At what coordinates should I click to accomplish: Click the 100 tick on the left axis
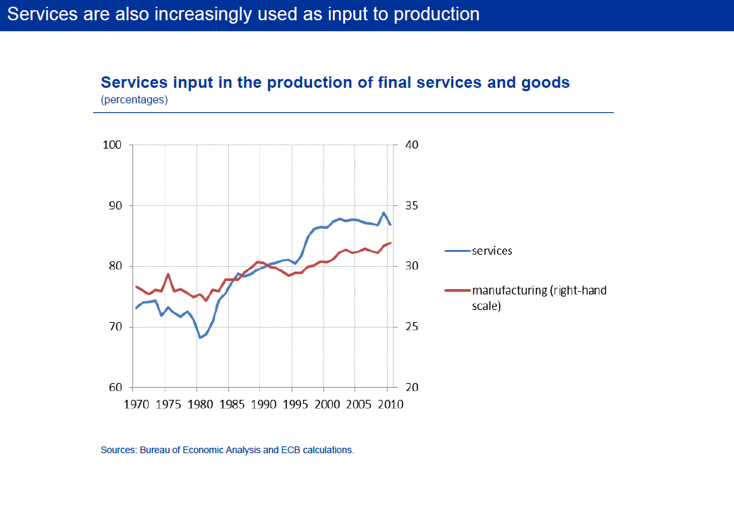(112, 145)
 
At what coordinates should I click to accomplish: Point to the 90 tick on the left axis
(115, 206)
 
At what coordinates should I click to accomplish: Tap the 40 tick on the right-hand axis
(411, 145)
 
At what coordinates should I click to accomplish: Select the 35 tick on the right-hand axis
(411, 206)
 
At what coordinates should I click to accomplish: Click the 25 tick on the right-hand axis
(411, 328)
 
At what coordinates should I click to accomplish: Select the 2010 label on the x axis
(389, 405)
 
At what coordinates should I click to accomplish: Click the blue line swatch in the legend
(457, 251)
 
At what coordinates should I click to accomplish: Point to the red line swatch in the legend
(457, 291)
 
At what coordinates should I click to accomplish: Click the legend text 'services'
(492, 251)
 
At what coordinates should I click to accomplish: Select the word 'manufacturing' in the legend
(509, 291)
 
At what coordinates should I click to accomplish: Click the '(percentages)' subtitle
(134, 100)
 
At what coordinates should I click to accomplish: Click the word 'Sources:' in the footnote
(118, 450)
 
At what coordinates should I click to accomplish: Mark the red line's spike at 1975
(168, 274)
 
